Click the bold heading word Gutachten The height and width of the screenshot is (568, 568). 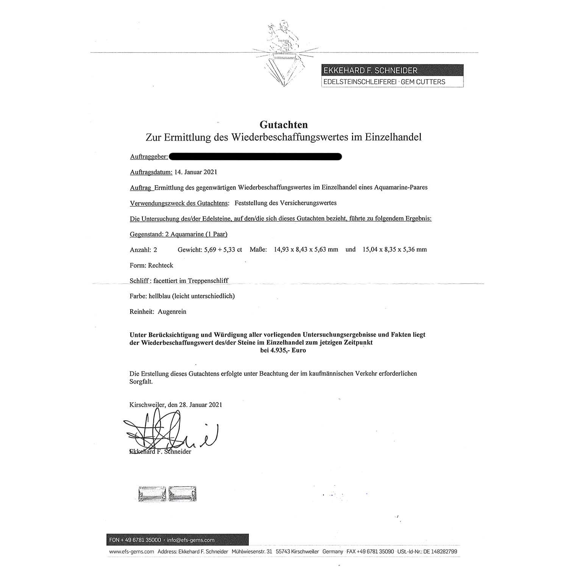click(283, 125)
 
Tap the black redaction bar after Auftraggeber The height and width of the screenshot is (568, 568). click(255, 156)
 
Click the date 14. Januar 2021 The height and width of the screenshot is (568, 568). click(196, 172)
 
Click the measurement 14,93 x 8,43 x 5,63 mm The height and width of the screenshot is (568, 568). click(306, 250)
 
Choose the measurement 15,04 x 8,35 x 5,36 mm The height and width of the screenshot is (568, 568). click(395, 250)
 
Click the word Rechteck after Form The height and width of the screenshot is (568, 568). click(161, 265)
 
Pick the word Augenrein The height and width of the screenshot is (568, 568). click(172, 312)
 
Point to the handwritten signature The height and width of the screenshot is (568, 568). click(170, 434)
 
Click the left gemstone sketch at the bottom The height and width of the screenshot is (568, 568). click(152, 494)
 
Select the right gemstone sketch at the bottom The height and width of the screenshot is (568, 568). click(183, 494)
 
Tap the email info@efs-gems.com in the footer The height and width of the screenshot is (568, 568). click(190, 540)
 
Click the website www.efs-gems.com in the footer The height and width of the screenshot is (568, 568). click(131, 552)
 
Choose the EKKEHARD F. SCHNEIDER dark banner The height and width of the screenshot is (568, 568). click(392, 70)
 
